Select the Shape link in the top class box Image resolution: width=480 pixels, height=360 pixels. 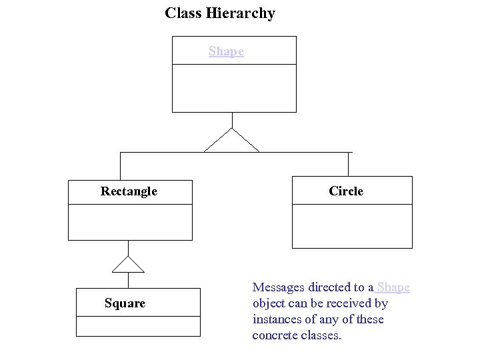point(226,51)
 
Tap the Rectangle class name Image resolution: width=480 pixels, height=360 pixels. point(129,191)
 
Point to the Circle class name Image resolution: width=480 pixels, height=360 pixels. point(346,191)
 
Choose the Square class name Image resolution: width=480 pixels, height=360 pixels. point(125,303)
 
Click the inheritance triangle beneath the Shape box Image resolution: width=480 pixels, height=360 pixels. point(231,142)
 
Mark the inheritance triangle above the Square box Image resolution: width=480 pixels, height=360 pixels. point(128,265)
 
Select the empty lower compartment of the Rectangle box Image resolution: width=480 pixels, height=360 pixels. point(130,222)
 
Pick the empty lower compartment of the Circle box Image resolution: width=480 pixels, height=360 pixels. point(352,226)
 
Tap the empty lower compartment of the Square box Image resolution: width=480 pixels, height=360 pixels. point(138,326)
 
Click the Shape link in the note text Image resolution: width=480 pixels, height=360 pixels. point(393,287)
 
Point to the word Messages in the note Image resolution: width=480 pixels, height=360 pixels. point(279,287)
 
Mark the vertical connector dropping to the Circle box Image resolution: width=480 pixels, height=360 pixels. point(349,164)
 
